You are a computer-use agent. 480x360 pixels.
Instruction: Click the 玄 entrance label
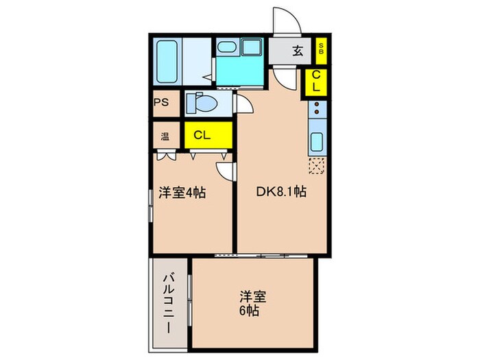(x=298, y=49)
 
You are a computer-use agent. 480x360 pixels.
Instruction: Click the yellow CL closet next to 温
(x=201, y=135)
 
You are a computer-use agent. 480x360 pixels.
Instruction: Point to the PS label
(x=161, y=103)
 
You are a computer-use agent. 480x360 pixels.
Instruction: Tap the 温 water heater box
(x=165, y=135)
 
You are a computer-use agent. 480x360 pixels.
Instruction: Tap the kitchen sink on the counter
(x=317, y=143)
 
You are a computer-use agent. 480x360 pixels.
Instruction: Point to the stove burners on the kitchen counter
(x=317, y=108)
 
